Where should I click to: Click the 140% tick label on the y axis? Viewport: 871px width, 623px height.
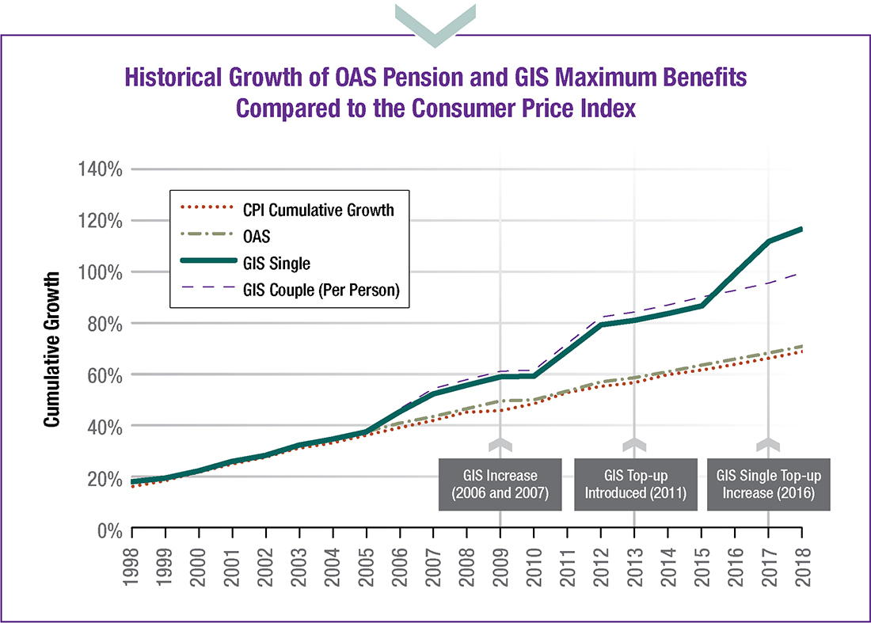pyautogui.click(x=100, y=169)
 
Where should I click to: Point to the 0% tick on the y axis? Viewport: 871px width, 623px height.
pyautogui.click(x=108, y=529)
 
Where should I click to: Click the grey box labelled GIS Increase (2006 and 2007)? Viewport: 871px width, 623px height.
pyautogui.click(x=500, y=484)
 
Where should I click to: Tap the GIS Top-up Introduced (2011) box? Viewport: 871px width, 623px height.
pyautogui.click(x=634, y=484)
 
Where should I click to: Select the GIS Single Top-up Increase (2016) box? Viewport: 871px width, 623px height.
pyautogui.click(x=768, y=484)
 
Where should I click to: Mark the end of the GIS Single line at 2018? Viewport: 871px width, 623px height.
pyautogui.click(x=801, y=230)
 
